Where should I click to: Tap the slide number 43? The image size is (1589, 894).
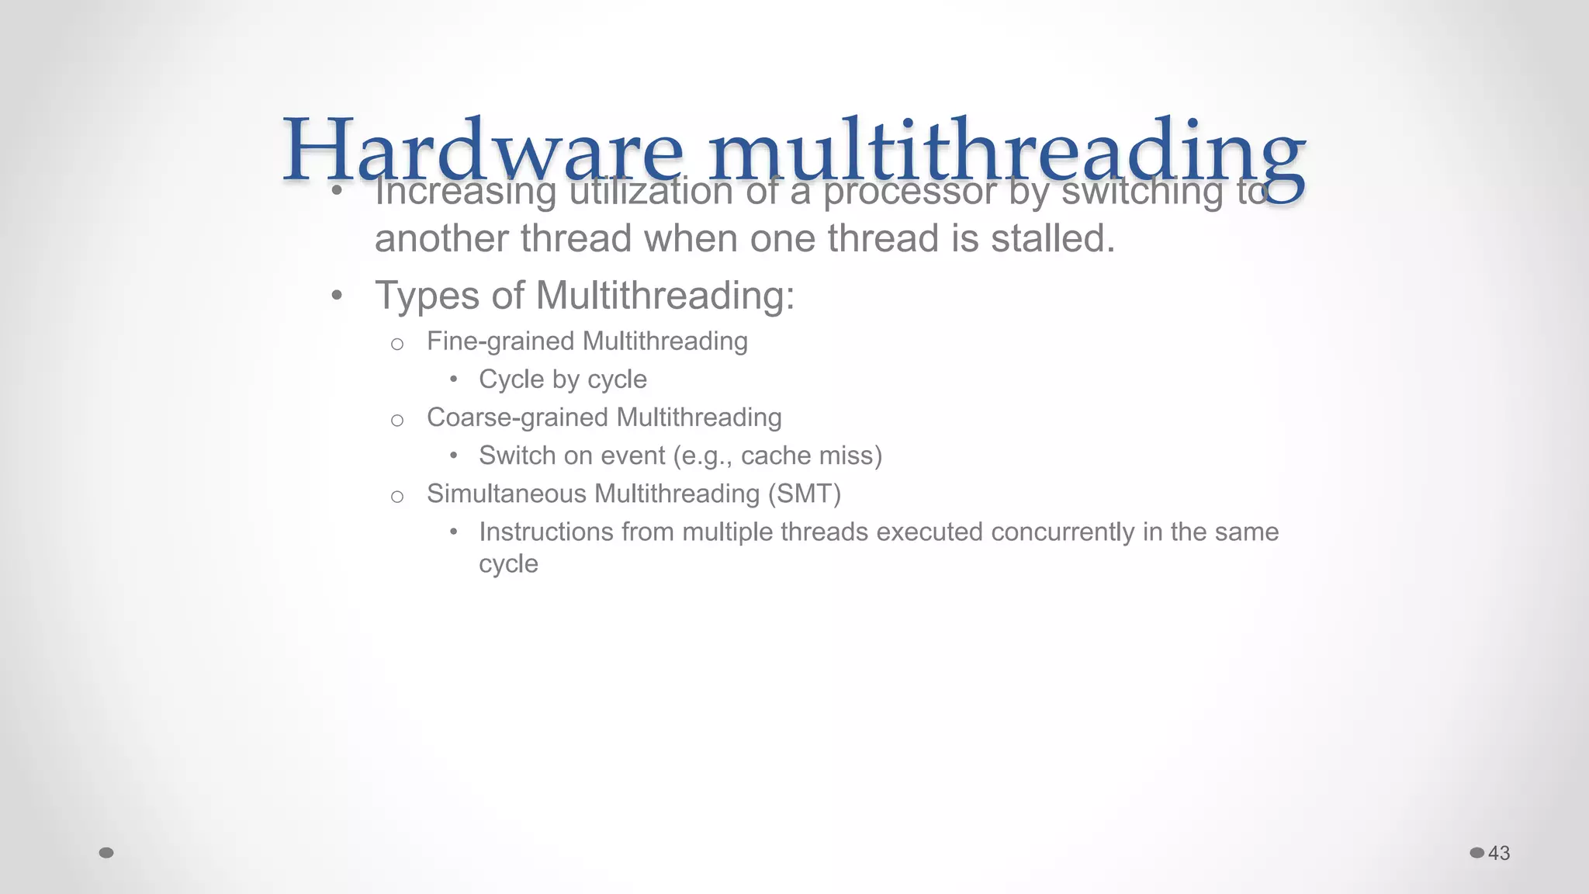[1499, 853]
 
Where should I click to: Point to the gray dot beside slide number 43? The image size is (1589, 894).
[1477, 853]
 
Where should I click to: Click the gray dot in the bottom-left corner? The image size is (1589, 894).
[107, 853]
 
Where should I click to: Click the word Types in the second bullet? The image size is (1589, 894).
[428, 296]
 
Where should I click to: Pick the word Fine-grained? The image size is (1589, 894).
[500, 341]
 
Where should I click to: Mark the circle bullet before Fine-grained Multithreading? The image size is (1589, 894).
[397, 344]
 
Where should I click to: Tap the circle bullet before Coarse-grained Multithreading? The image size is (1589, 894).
[397, 421]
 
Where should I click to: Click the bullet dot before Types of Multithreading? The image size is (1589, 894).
[336, 296]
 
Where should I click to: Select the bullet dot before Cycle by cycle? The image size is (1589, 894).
[454, 379]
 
